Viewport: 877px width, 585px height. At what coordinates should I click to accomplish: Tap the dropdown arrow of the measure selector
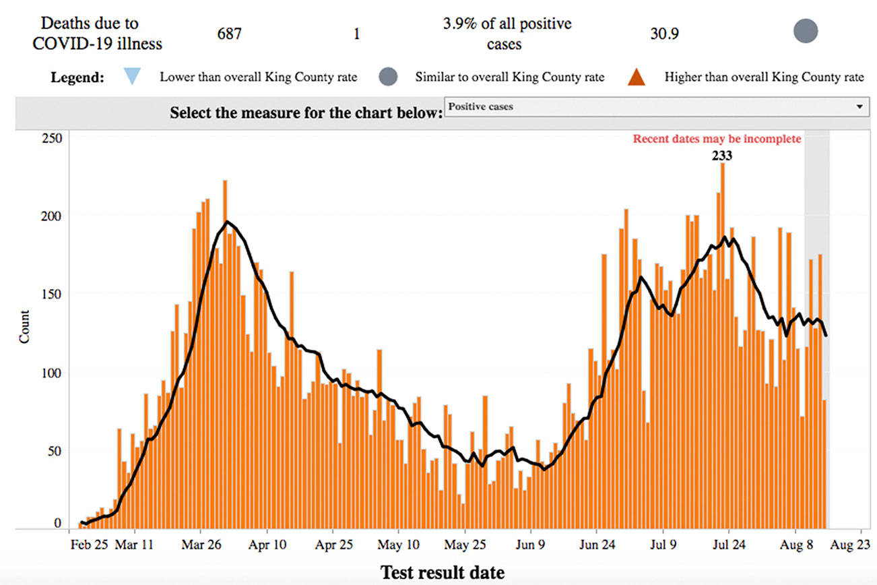[x=859, y=106]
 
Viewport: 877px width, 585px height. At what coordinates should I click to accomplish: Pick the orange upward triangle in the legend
[x=637, y=77]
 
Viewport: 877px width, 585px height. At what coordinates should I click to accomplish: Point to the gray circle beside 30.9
[x=805, y=32]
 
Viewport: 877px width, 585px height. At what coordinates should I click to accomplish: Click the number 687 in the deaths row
[x=229, y=34]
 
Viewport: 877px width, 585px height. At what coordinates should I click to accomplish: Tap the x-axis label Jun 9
[x=531, y=544]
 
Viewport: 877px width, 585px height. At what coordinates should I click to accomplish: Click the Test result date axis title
[x=443, y=572]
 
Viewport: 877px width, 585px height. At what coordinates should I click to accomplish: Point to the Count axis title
[x=25, y=326]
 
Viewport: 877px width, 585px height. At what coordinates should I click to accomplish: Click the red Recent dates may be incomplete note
[x=717, y=139]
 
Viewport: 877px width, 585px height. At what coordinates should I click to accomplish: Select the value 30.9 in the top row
[x=664, y=34]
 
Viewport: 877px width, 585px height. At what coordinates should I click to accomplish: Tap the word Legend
[x=77, y=77]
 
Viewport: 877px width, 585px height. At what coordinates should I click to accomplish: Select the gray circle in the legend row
[x=388, y=77]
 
